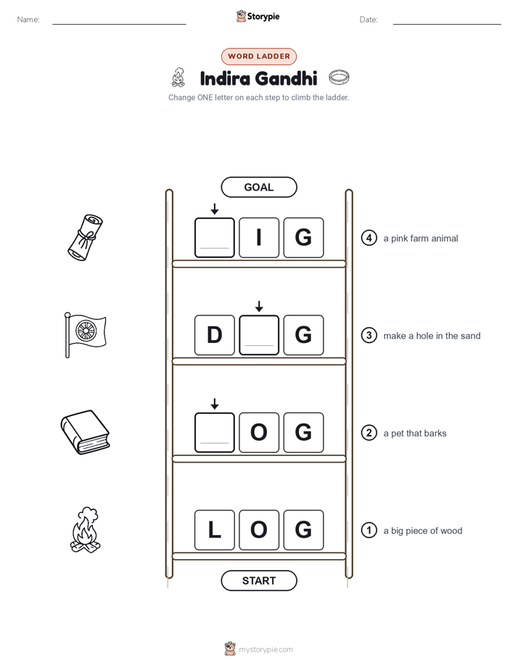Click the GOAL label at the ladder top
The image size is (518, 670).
(258, 187)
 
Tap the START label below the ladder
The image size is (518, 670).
(258, 581)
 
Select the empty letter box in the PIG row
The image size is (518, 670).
(215, 238)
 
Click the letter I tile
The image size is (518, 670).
(259, 238)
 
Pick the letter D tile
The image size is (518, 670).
(215, 335)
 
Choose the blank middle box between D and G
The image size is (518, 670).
(259, 335)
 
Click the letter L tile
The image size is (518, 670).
(215, 530)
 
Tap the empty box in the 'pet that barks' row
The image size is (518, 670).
(215, 432)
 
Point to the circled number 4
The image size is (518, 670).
(369, 238)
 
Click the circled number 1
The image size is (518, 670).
(369, 530)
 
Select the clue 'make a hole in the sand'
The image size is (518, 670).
(432, 336)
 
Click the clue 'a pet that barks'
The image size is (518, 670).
(414, 434)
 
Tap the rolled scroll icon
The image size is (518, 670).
(86, 237)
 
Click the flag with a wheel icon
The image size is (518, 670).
(85, 335)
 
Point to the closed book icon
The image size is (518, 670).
(85, 432)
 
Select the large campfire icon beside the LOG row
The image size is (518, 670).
(85, 530)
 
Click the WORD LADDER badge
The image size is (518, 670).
(258, 57)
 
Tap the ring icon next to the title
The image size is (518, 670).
(339, 78)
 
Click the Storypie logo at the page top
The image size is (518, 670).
(258, 16)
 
